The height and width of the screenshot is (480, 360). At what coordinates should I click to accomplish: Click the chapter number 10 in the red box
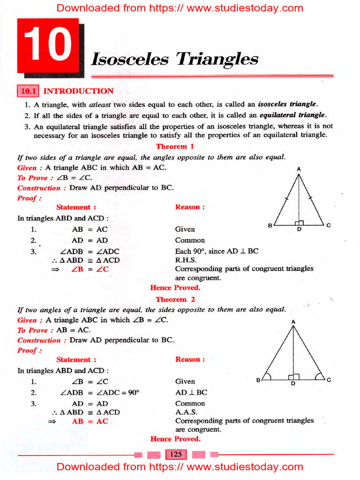(x=47, y=45)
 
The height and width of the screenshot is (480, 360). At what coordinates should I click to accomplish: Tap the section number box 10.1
(x=28, y=91)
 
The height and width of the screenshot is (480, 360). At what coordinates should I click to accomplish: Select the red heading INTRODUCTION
(x=78, y=91)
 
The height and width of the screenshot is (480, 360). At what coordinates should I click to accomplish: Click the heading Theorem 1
(x=175, y=147)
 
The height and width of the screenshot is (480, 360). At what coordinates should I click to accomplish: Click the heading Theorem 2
(x=175, y=299)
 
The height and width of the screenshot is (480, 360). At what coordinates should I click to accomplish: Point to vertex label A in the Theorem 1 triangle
(x=299, y=169)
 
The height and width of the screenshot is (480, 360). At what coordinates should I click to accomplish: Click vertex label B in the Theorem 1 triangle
(x=270, y=225)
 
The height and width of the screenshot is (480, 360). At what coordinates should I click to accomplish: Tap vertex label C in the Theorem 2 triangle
(x=329, y=380)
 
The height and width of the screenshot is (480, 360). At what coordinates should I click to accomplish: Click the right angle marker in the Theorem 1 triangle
(x=300, y=223)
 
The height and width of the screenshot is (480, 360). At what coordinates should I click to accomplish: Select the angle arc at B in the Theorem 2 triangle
(x=268, y=375)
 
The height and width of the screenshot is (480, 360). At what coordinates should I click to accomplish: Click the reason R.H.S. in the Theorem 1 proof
(x=186, y=260)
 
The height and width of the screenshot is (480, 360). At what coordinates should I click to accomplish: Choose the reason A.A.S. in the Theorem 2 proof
(x=186, y=412)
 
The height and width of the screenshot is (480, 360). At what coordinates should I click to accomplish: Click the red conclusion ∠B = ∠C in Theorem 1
(x=90, y=269)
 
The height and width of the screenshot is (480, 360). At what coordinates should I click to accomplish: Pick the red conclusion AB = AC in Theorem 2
(x=90, y=421)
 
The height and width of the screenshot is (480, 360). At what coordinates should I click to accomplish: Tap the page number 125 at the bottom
(x=176, y=454)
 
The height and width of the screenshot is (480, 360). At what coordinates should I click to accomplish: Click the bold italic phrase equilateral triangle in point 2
(x=292, y=115)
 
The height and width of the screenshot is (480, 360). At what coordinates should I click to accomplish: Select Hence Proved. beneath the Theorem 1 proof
(x=175, y=288)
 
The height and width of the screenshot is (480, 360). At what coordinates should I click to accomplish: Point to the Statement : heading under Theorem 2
(x=76, y=360)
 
